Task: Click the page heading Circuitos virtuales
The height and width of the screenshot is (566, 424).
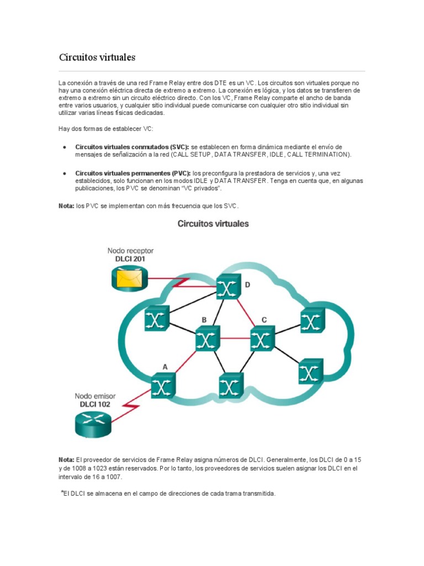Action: tap(97, 57)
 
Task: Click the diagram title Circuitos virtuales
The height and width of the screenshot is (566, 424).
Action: tap(213, 224)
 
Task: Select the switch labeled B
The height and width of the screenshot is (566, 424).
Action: tap(207, 338)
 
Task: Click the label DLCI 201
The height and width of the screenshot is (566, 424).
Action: tap(131, 259)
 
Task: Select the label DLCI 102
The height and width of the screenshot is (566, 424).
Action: tap(93, 404)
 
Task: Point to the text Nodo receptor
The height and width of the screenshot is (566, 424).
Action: tap(131, 250)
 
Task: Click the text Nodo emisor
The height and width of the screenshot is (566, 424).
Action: tap(93, 396)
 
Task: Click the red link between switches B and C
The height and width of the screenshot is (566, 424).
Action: tap(235, 338)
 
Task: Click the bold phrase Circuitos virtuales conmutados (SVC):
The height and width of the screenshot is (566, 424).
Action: tap(132, 147)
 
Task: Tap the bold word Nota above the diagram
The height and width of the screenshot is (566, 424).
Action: tap(66, 206)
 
